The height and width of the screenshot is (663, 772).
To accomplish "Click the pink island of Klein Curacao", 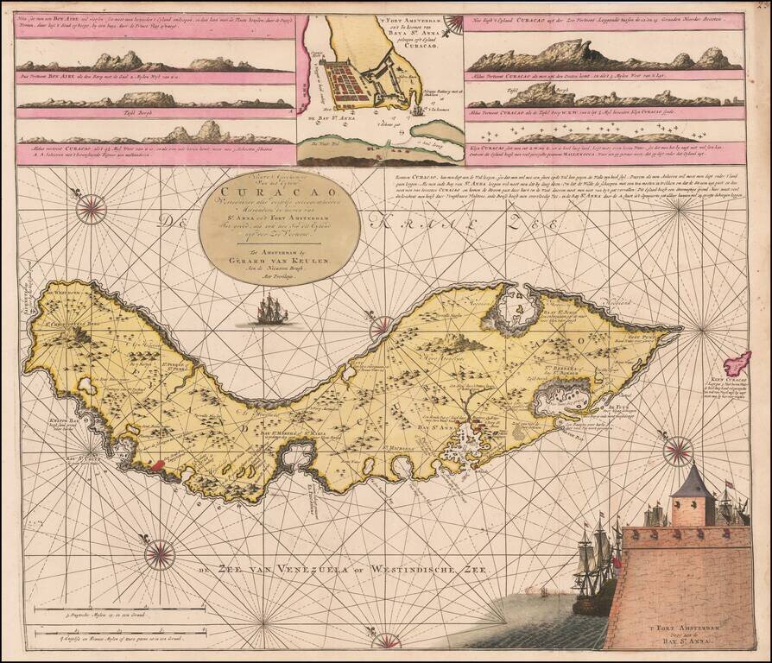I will [737, 363].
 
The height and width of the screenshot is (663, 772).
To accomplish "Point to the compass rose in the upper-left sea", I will [91, 208].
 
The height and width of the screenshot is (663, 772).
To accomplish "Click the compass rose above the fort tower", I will [680, 449].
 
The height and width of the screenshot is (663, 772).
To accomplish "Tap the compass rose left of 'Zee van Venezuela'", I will [160, 554].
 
